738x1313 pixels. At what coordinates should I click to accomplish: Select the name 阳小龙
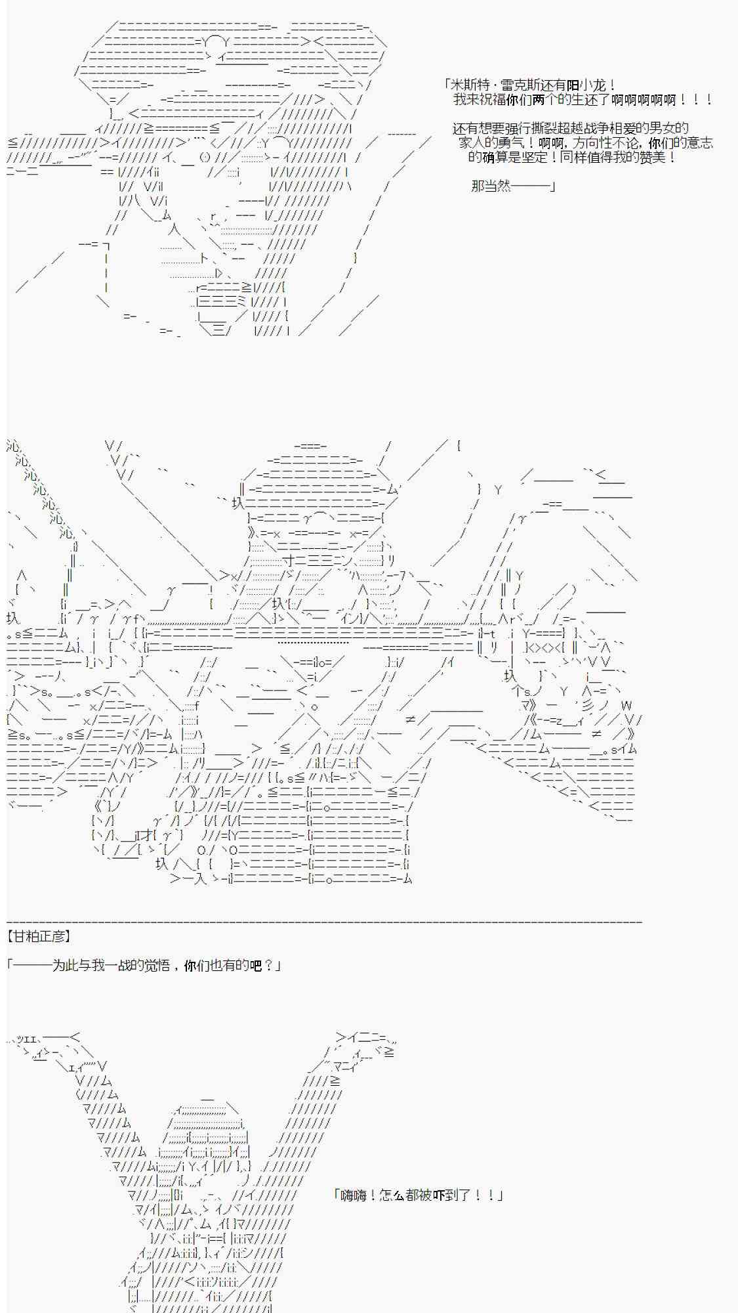pos(588,85)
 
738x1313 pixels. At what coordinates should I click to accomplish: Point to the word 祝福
pos(491,100)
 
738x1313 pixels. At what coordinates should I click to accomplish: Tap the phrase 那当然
pos(491,186)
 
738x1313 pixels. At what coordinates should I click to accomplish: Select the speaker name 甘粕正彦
pos(39,937)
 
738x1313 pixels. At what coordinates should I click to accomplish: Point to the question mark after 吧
pos(269,966)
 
